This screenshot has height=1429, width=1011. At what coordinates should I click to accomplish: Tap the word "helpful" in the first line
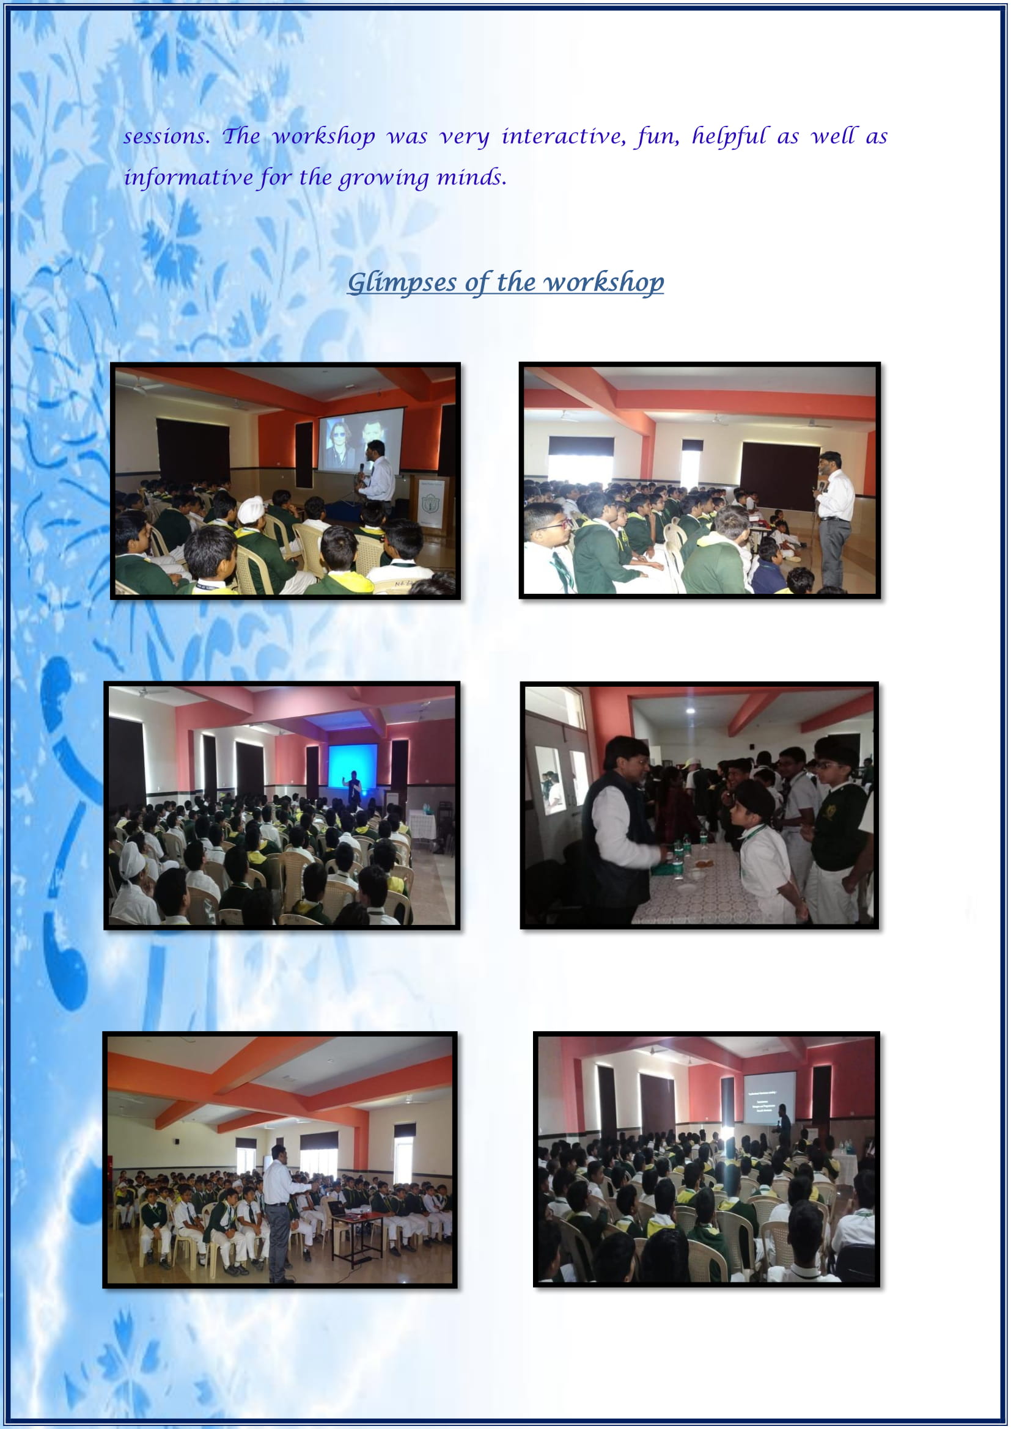click(x=729, y=136)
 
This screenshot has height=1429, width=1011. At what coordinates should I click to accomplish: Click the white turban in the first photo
click(x=251, y=510)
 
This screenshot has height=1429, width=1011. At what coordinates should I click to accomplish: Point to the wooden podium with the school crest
click(x=430, y=503)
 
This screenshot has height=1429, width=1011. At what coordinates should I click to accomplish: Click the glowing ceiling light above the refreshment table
click(x=689, y=709)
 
